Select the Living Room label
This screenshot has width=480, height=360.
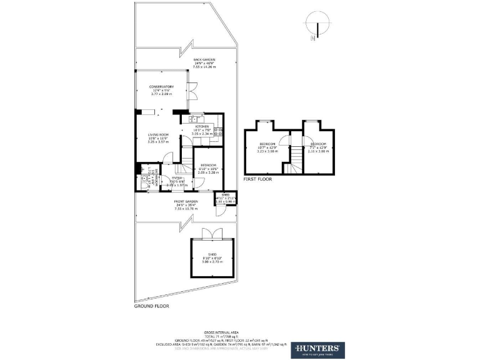[158, 138]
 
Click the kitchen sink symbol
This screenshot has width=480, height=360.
[194, 119]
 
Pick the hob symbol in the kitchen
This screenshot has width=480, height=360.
[219, 132]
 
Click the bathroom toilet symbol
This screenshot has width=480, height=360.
[143, 178]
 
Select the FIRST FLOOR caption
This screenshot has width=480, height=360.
[258, 179]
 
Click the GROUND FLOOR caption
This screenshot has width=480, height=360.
[151, 307]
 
